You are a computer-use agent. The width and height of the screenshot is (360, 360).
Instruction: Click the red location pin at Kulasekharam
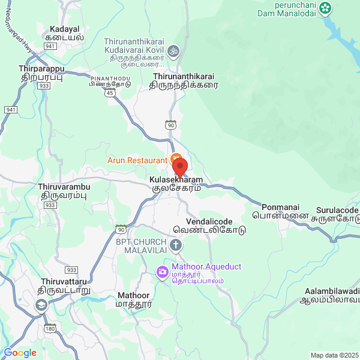tap(180, 166)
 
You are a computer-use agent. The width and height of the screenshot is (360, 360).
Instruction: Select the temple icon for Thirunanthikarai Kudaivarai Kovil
tap(173, 50)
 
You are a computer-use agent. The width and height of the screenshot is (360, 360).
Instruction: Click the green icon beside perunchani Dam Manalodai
tap(325, 8)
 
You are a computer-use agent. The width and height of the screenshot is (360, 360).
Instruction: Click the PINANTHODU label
tap(110, 79)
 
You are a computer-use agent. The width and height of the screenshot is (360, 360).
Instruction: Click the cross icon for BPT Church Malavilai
tap(176, 245)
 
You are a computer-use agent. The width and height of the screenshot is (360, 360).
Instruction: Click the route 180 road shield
tap(50, 328)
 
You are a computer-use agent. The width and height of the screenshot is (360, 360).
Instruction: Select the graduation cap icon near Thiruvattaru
tap(41, 305)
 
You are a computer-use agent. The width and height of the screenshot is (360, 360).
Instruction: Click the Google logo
tap(20, 353)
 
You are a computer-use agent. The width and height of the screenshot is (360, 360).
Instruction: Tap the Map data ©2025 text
tap(334, 355)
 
